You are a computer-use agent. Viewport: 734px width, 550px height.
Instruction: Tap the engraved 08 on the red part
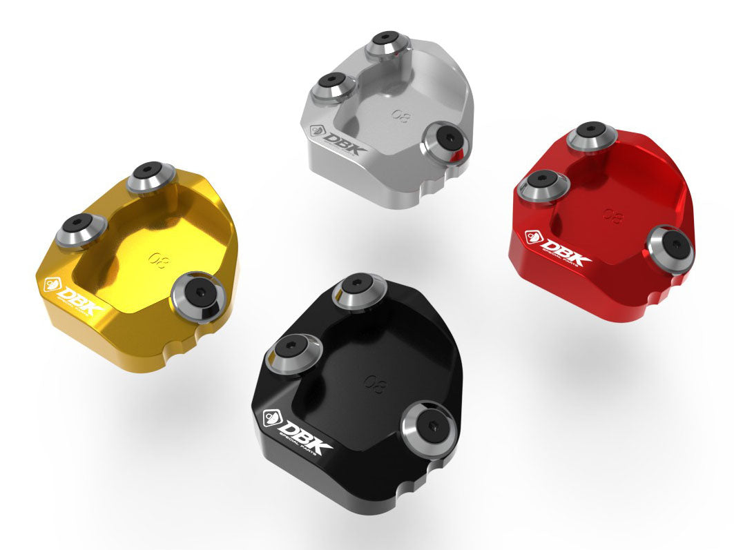[612, 215]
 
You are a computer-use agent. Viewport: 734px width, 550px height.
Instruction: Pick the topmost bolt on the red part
[592, 134]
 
